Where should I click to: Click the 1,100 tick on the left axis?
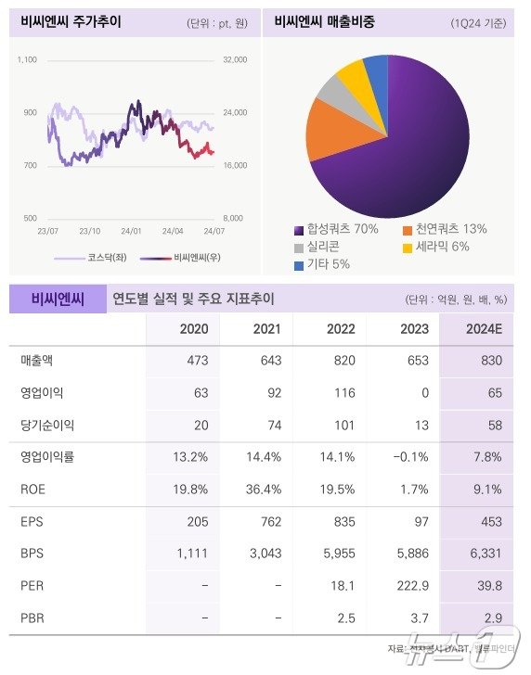pyautogui.click(x=27, y=59)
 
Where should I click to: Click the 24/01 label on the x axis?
pyautogui.click(x=132, y=231)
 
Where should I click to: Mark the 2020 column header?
pyautogui.click(x=193, y=328)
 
